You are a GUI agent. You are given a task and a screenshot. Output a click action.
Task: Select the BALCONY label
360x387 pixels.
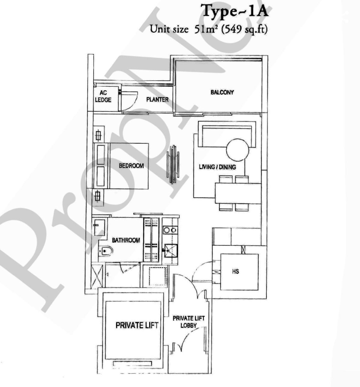point(222,92)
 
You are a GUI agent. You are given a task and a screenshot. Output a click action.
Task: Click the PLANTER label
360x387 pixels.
point(157,99)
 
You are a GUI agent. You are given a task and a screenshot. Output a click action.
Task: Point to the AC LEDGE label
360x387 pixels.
point(103,96)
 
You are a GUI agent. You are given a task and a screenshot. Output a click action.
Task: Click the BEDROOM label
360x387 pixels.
point(131,166)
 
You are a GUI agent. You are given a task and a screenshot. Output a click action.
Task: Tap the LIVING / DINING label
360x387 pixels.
point(217,167)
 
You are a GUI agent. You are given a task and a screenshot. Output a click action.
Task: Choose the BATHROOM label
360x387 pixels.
point(126,240)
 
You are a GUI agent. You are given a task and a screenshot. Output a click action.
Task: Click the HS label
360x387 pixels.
point(235,271)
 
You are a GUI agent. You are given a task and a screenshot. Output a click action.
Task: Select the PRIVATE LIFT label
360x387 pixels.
point(137,325)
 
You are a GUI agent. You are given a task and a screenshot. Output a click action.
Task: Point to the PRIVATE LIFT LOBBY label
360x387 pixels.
point(188,322)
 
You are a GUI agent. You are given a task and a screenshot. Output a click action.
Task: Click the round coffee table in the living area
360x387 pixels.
point(238,150)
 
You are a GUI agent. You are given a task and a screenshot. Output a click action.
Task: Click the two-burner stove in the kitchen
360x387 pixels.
point(170,230)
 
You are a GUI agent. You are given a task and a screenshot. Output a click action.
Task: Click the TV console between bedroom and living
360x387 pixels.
point(173,164)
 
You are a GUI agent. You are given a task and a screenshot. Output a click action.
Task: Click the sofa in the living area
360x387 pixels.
point(227,132)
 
